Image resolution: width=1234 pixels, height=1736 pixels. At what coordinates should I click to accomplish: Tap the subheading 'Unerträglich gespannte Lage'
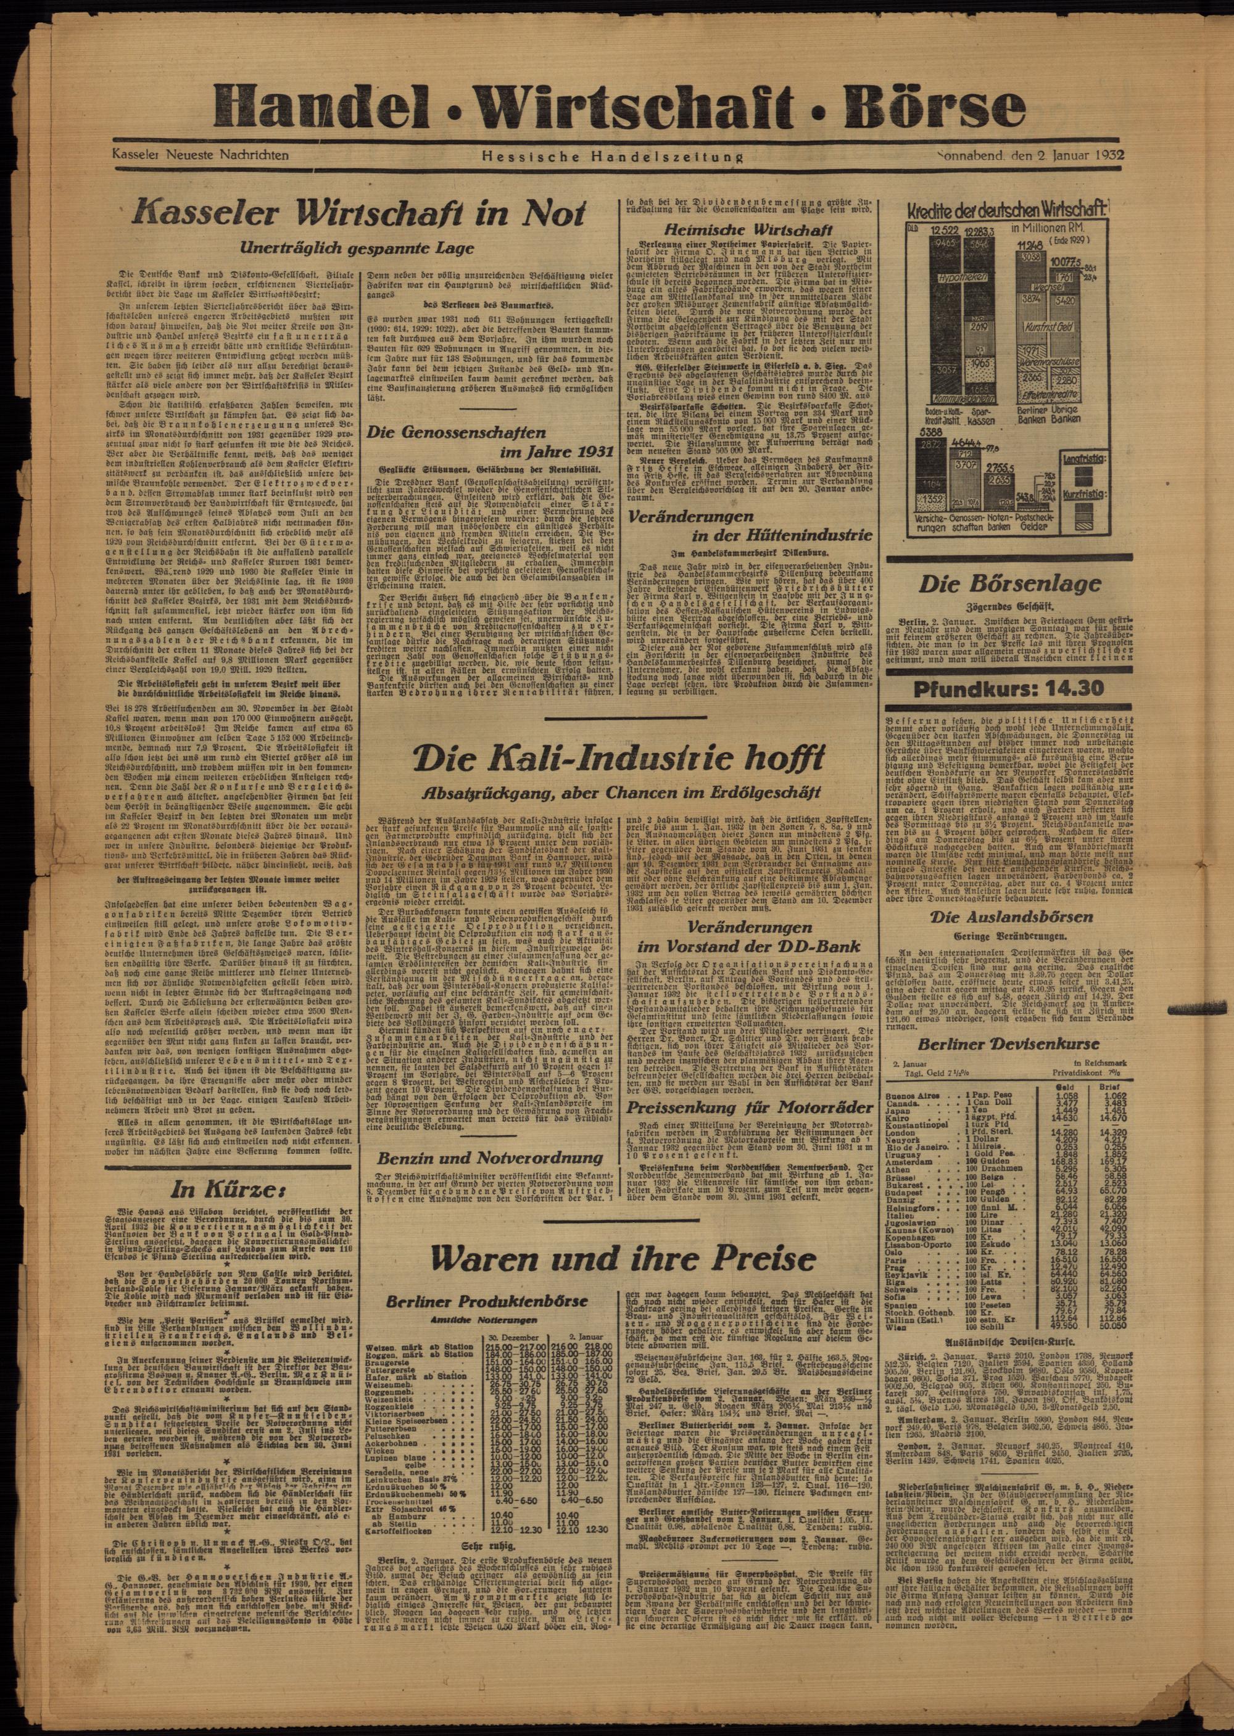(358, 247)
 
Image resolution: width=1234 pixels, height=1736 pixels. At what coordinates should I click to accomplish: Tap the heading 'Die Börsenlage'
(1008, 584)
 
